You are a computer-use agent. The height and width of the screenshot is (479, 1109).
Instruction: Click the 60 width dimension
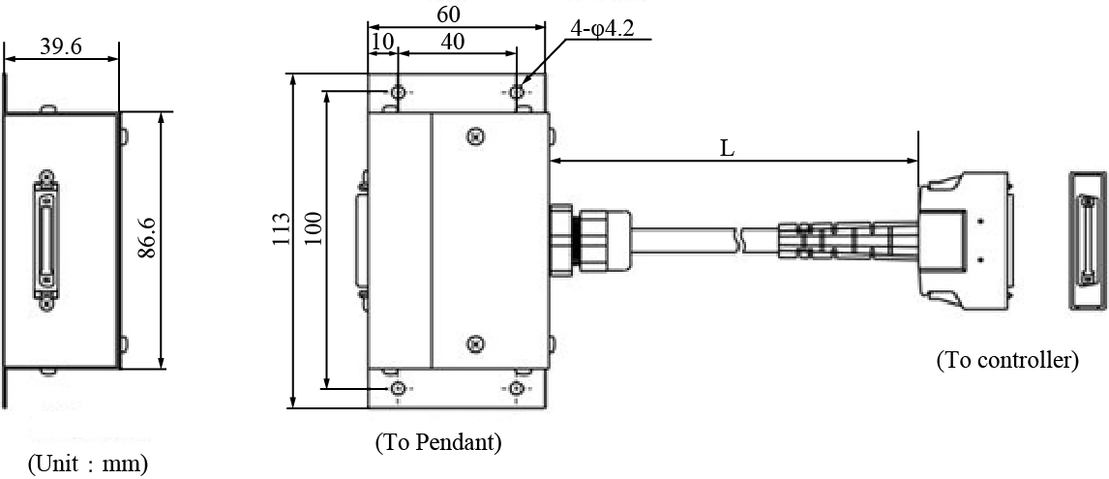tap(448, 15)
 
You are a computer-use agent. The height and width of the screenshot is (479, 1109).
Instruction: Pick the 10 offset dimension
tap(382, 42)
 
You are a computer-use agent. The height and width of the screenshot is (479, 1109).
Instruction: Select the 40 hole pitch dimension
tap(452, 42)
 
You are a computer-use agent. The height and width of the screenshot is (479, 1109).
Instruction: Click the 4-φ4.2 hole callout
tap(602, 29)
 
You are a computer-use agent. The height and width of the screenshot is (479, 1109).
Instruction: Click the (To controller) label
tap(1006, 361)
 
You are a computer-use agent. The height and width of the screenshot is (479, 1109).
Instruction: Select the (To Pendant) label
tap(438, 443)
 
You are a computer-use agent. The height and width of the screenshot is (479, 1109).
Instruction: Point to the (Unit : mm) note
tap(88, 464)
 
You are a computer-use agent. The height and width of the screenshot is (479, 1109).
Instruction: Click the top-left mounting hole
tap(398, 92)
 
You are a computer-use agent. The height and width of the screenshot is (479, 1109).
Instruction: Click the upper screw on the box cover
tap(474, 137)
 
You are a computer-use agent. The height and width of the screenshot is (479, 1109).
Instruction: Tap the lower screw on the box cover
tap(474, 344)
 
